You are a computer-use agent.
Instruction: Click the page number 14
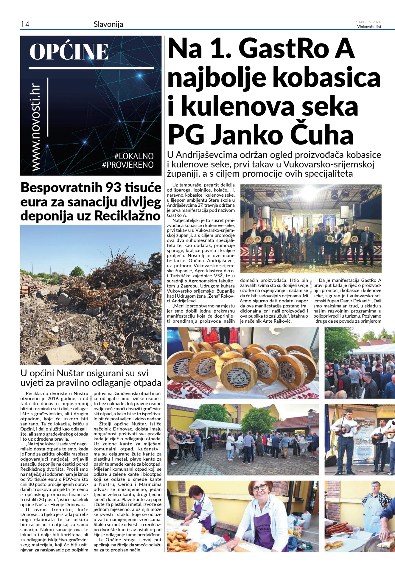point(25,24)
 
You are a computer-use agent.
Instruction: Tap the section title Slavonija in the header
point(108,24)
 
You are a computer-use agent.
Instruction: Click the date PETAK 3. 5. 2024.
point(368,22)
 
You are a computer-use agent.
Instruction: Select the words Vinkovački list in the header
point(369,27)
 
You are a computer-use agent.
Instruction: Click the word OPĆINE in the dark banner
point(69,52)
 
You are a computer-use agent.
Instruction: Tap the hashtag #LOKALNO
point(134,156)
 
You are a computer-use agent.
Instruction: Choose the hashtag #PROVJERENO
point(128,165)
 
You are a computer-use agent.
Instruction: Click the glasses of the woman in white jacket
point(259,488)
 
